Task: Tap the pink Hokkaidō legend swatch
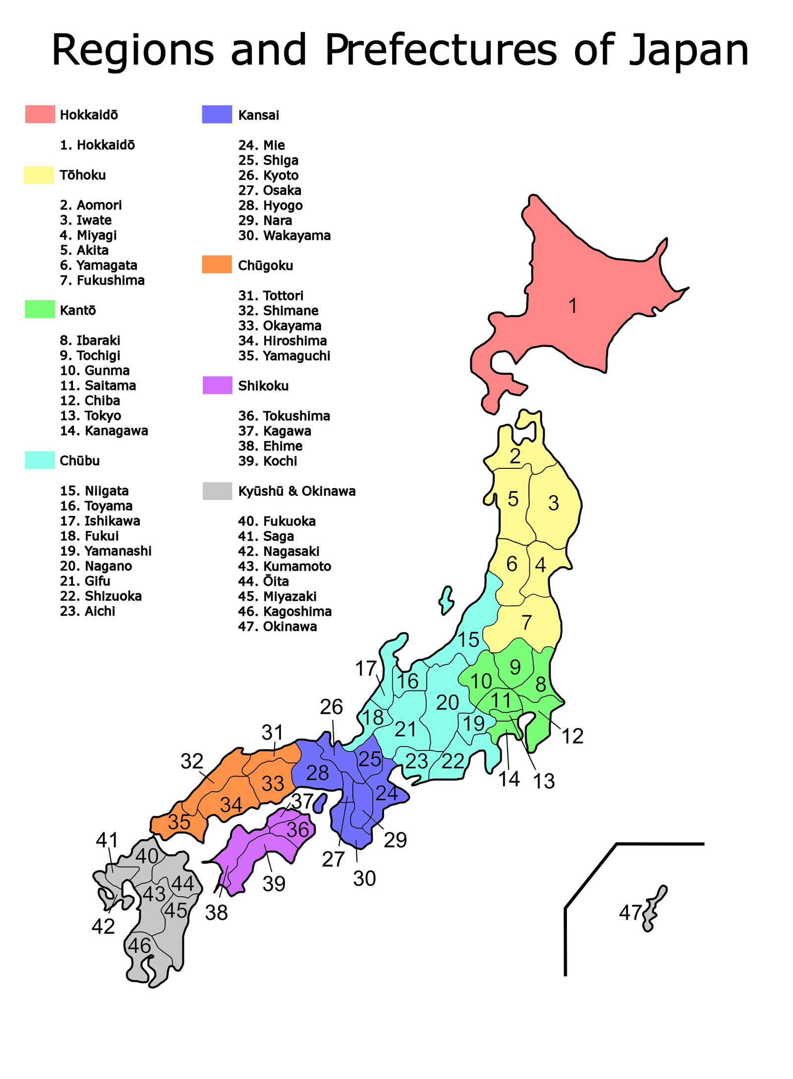(40, 114)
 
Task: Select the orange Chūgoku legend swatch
(217, 264)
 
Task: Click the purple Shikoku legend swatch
(217, 385)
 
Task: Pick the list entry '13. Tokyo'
(90, 415)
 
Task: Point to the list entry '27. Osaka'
(269, 190)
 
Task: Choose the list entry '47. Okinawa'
(277, 626)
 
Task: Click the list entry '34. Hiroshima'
(282, 340)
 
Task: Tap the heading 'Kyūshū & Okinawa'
(296, 491)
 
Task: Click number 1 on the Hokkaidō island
(572, 306)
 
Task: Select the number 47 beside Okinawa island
(630, 912)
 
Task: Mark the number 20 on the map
(447, 702)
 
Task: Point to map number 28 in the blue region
(317, 773)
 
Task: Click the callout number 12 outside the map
(572, 736)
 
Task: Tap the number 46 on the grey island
(139, 946)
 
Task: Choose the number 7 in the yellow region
(527, 622)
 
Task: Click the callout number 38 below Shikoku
(216, 913)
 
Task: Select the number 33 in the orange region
(273, 784)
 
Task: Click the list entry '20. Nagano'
(96, 566)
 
